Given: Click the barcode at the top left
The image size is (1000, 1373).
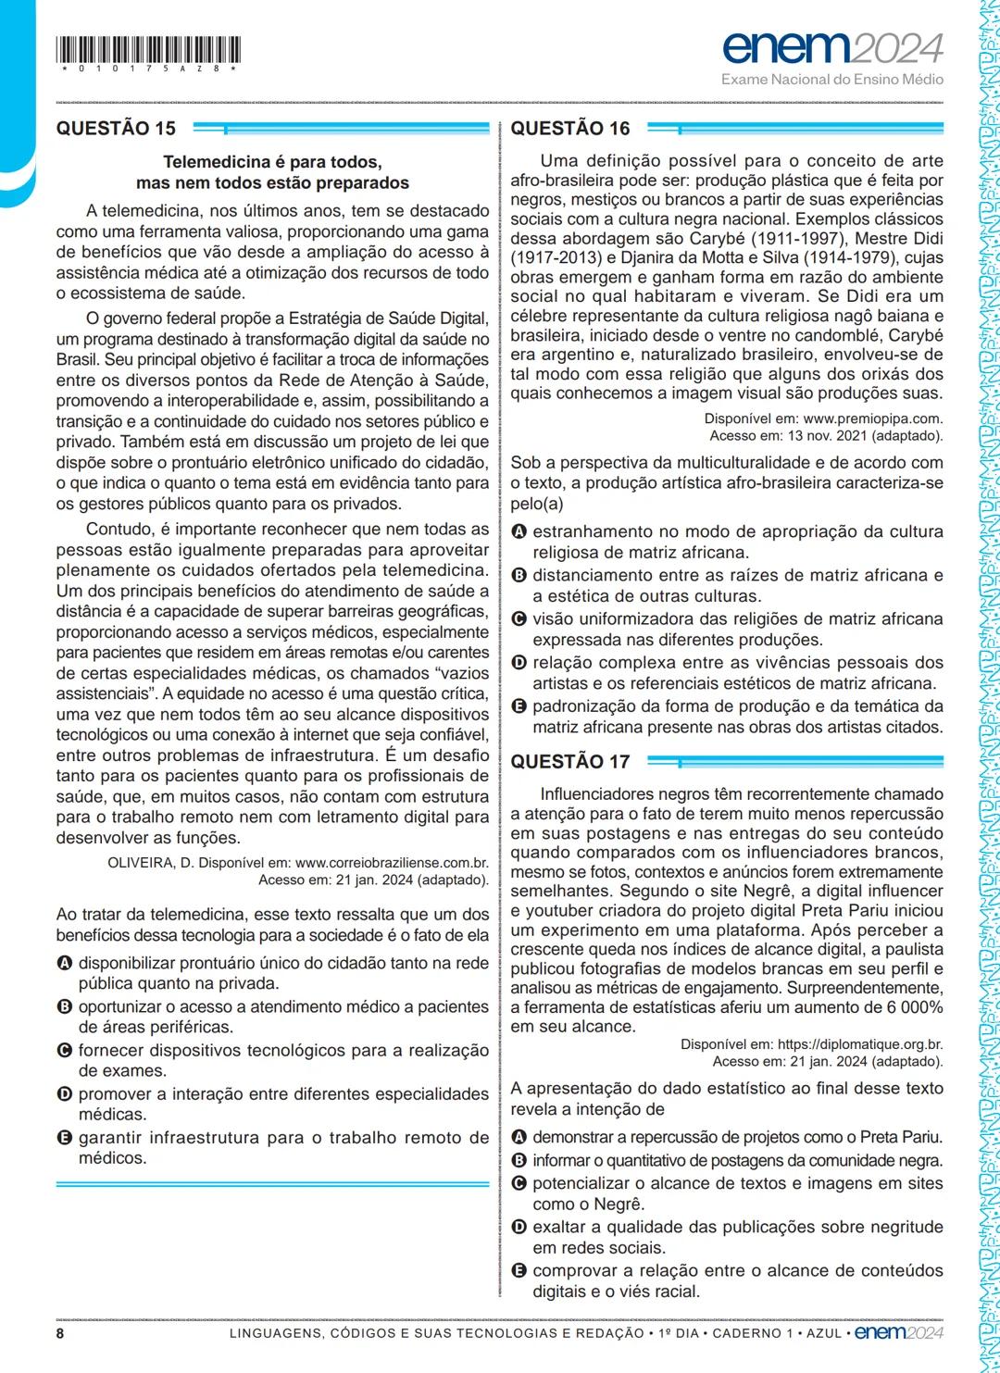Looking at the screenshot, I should (x=148, y=50).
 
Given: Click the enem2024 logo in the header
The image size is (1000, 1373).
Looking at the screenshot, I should (x=832, y=46).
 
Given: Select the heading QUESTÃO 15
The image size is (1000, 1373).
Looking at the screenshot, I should (x=116, y=129).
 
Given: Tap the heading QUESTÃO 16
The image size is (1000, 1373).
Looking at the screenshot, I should (x=570, y=129).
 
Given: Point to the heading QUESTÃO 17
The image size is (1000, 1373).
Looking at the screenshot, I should (x=570, y=762).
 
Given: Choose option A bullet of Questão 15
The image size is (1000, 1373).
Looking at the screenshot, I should (x=64, y=964).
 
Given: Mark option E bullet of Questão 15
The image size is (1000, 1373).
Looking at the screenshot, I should (x=64, y=1138).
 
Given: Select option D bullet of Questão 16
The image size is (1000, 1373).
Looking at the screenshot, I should (x=519, y=663).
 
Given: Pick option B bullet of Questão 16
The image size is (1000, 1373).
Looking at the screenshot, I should (x=519, y=576).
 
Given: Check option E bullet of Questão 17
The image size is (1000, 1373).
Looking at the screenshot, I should (x=519, y=1271).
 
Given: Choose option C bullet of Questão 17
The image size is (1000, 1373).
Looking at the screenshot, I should (x=519, y=1183).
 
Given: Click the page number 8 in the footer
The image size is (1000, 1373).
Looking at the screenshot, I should (x=60, y=1333).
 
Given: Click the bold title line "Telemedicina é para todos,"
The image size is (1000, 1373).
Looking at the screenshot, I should (x=272, y=162).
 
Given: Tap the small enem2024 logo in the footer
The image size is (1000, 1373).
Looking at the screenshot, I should (x=898, y=1333).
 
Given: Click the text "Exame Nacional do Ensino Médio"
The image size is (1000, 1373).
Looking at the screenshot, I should (x=832, y=80).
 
